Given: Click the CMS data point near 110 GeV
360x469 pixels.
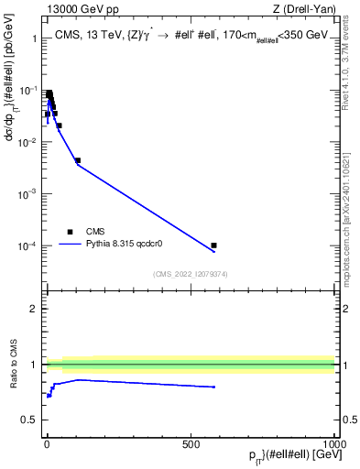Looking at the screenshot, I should click(78, 160).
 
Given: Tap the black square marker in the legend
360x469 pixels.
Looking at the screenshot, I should click(70, 232).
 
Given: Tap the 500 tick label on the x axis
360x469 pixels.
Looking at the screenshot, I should click(191, 443).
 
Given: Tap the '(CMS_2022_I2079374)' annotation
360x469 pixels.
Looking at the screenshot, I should click(190, 272).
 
